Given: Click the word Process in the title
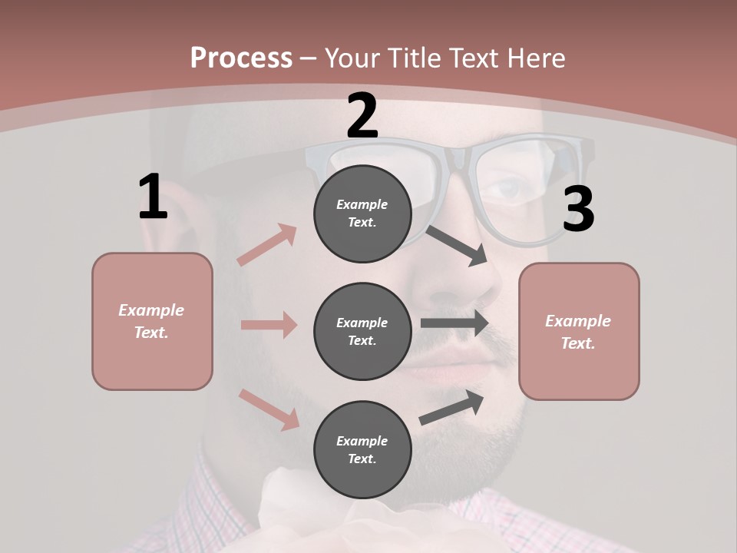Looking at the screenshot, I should (241, 58).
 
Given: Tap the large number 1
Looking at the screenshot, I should (153, 197).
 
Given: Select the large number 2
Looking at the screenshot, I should (362, 117).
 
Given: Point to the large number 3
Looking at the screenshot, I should (578, 209).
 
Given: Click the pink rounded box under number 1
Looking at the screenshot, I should (152, 321).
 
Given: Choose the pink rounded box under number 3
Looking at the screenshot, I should (579, 332).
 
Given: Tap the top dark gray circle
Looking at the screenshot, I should (362, 214).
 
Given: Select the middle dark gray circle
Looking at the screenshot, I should (362, 332).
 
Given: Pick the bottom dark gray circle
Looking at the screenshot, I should (362, 450).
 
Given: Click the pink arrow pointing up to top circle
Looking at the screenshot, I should (267, 244).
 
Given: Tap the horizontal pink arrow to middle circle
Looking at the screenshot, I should (269, 325).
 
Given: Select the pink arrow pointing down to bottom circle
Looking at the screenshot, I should (269, 409).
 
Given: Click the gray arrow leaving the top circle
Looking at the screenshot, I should (458, 245).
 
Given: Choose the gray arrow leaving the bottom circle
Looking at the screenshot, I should (452, 407).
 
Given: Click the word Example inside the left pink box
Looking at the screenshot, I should (151, 310).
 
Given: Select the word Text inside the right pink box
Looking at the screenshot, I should (578, 343).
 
